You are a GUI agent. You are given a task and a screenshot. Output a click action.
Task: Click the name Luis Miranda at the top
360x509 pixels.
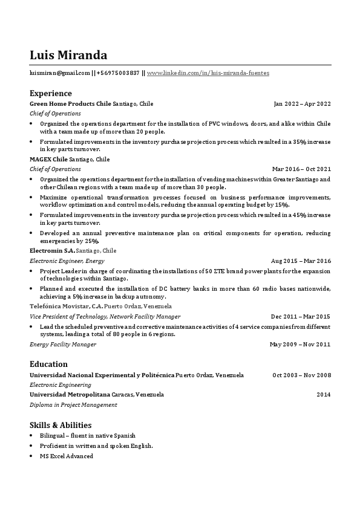click(68, 55)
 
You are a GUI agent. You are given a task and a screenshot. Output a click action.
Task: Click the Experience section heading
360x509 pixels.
click(51, 93)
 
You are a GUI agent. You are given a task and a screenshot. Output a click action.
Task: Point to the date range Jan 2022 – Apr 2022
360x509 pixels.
click(302, 103)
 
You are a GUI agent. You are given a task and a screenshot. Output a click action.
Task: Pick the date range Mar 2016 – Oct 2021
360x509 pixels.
click(301, 169)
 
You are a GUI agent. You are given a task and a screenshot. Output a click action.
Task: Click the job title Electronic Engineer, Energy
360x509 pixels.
click(67, 260)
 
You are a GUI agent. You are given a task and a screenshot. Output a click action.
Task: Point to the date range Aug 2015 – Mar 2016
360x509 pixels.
click(301, 260)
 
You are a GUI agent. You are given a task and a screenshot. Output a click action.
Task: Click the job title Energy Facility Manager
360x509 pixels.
click(63, 344)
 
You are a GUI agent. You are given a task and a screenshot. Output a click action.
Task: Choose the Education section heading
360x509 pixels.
click(48, 364)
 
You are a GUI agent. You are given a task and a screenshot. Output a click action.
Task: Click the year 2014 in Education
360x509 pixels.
click(324, 394)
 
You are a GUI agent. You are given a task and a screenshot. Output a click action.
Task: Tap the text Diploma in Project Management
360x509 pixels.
click(73, 404)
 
